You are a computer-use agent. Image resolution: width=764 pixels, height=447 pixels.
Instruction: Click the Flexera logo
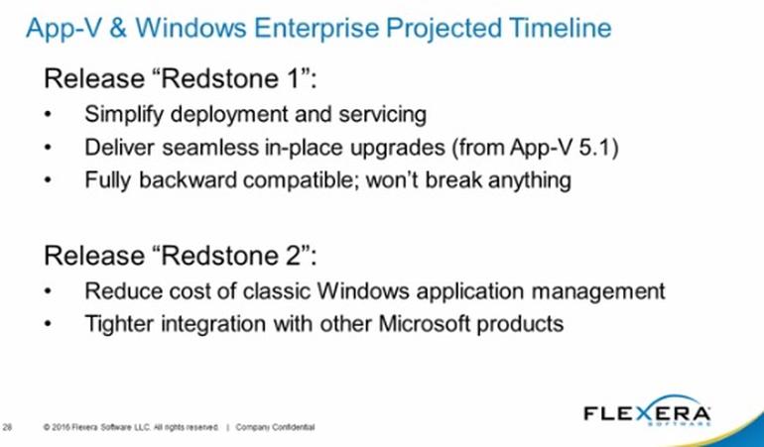(x=647, y=412)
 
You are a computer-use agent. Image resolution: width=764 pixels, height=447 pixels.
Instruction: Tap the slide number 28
(x=7, y=427)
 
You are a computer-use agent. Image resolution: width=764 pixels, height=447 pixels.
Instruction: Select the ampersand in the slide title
(x=118, y=28)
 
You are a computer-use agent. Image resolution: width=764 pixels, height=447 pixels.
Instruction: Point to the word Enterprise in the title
(x=317, y=29)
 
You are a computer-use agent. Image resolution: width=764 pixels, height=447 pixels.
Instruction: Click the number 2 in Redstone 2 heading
(x=294, y=255)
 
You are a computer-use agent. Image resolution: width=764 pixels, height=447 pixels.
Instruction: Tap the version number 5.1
(x=593, y=148)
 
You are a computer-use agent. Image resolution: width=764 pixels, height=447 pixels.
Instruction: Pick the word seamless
(x=210, y=148)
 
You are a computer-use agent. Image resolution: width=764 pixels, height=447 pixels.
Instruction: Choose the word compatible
(x=301, y=180)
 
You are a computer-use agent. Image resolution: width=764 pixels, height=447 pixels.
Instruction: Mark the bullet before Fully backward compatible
(x=48, y=180)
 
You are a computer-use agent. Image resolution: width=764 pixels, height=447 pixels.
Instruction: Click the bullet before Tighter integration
(x=48, y=324)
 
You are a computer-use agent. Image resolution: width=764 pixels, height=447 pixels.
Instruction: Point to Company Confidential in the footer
(x=275, y=427)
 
